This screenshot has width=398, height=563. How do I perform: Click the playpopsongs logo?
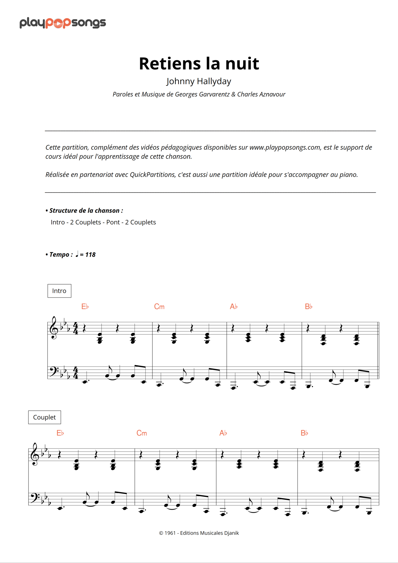pyautogui.click(x=63, y=23)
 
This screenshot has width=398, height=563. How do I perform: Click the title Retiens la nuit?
pyautogui.click(x=199, y=63)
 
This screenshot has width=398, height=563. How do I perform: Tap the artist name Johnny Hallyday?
pyautogui.click(x=199, y=81)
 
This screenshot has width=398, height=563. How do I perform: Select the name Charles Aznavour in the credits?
pyautogui.click(x=261, y=94)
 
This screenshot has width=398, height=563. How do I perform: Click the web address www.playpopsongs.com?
pyautogui.click(x=285, y=147)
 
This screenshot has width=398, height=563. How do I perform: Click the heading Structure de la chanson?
pyautogui.click(x=86, y=211)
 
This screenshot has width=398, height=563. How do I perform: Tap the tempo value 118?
pyautogui.click(x=90, y=255)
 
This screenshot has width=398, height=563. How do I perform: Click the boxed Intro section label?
pyautogui.click(x=59, y=291)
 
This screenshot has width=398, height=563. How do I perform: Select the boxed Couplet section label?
pyautogui.click(x=44, y=417)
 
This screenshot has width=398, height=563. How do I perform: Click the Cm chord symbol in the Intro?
pyautogui.click(x=159, y=307)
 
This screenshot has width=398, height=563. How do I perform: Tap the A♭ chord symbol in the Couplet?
pyautogui.click(x=223, y=433)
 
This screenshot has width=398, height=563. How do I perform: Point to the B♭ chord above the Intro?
pyautogui.click(x=308, y=307)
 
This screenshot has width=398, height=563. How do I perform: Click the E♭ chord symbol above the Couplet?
pyautogui.click(x=60, y=433)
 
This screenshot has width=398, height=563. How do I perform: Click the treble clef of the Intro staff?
pyautogui.click(x=54, y=328)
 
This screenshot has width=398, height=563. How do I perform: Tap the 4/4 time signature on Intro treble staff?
pyautogui.click(x=75, y=328)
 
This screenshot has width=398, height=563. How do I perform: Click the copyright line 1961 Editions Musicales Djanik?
pyautogui.click(x=199, y=533)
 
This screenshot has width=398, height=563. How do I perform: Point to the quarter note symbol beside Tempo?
pyautogui.click(x=77, y=255)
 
